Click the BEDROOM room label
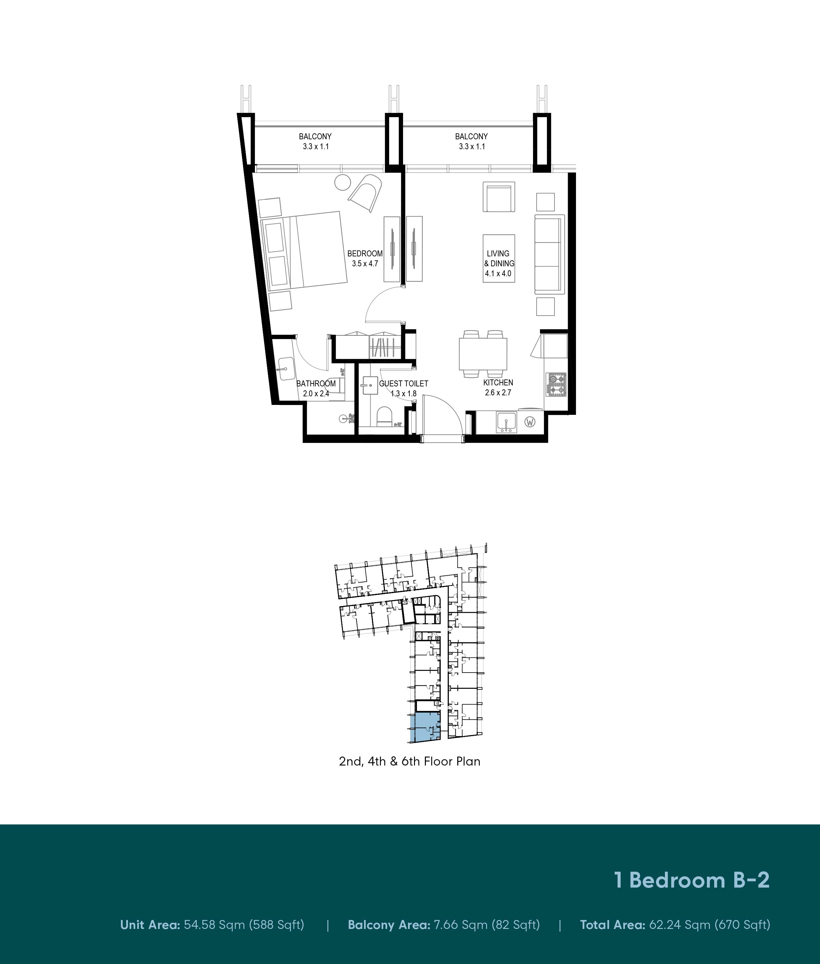(365, 253)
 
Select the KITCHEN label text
(498, 382)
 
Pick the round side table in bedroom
(344, 182)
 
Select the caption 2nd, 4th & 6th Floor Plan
(410, 761)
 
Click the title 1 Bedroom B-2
(692, 880)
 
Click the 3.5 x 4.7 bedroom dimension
(365, 264)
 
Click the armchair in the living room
(499, 196)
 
